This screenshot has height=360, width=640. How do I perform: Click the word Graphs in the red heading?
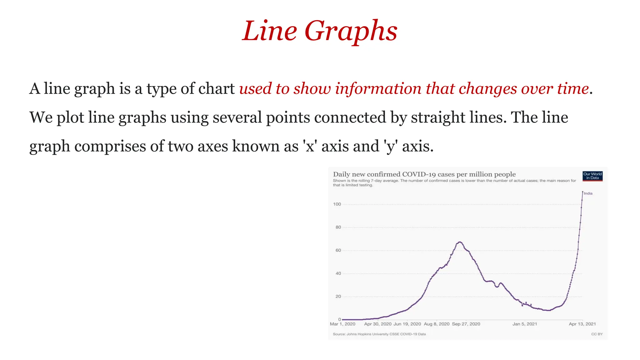[351, 31]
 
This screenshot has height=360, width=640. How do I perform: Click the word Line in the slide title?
[269, 31]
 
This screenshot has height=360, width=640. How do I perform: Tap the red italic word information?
[378, 88]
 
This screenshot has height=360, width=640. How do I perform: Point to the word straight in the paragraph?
[438, 117]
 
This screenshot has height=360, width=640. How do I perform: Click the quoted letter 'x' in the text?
[310, 146]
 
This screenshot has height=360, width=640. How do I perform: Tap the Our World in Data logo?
[592, 176]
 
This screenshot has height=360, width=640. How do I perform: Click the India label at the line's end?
[588, 193]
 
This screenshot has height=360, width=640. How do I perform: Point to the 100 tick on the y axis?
[337, 204]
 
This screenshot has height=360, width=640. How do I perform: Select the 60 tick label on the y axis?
[338, 250]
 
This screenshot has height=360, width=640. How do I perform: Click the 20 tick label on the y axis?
[338, 297]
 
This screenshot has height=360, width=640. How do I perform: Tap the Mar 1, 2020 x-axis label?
[342, 324]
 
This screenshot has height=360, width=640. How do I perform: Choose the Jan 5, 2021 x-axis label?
[524, 324]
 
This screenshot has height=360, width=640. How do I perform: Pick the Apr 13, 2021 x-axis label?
[582, 324]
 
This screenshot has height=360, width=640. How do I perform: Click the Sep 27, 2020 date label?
[466, 324]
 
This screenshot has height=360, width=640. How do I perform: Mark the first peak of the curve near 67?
[460, 242]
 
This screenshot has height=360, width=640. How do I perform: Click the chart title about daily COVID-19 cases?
[424, 174]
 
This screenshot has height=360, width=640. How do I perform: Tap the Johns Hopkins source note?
[379, 334]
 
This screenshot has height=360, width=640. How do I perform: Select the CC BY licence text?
[597, 334]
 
